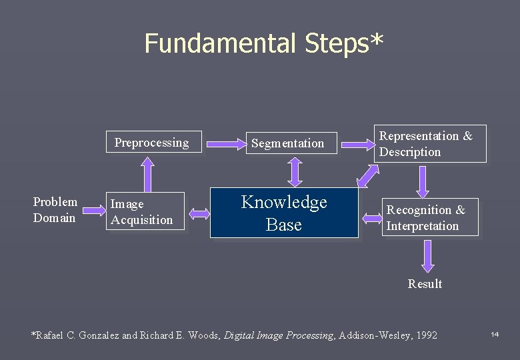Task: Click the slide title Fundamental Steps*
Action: pyautogui.click(x=264, y=43)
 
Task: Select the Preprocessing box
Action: pyautogui.click(x=153, y=142)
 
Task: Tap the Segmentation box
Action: pyautogui.click(x=287, y=143)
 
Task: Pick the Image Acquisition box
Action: pyautogui.click(x=145, y=212)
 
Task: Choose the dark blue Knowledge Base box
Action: pyautogui.click(x=284, y=213)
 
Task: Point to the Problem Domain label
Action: pyautogui.click(x=55, y=210)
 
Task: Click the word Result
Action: pyautogui.click(x=425, y=284)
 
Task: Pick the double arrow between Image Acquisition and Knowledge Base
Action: pyautogui.click(x=198, y=213)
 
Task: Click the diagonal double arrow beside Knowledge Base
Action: pyautogui.click(x=367, y=174)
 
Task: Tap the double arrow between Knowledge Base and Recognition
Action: pyautogui.click(x=371, y=217)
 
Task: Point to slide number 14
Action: pyautogui.click(x=495, y=334)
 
